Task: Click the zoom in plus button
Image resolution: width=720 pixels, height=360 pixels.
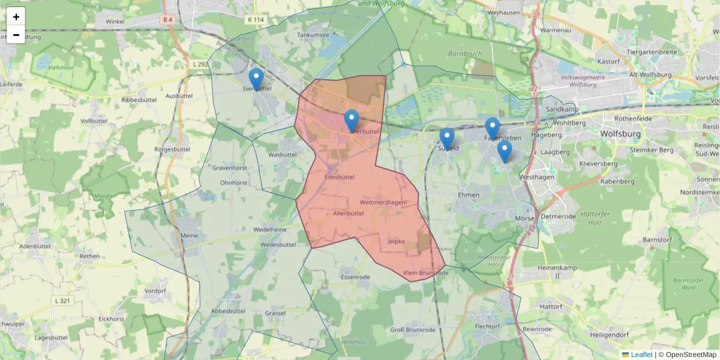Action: click(x=16, y=17)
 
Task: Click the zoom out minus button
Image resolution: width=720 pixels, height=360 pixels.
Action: click(x=16, y=35)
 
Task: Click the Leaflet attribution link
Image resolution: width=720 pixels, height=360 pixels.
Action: click(x=641, y=355)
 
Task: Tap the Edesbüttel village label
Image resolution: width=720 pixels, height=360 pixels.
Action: click(x=339, y=177)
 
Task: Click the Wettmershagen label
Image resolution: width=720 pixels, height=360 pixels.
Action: click(x=382, y=203)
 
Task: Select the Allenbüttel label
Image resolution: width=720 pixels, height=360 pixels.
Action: click(x=348, y=213)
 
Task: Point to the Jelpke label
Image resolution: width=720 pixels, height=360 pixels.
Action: click(x=397, y=242)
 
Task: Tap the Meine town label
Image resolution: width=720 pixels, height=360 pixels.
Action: click(x=189, y=235)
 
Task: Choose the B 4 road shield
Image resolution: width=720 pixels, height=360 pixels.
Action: click(x=167, y=20)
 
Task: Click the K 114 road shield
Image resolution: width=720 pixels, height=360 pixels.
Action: click(x=255, y=20)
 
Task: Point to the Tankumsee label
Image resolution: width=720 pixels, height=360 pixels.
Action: click(x=313, y=35)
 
